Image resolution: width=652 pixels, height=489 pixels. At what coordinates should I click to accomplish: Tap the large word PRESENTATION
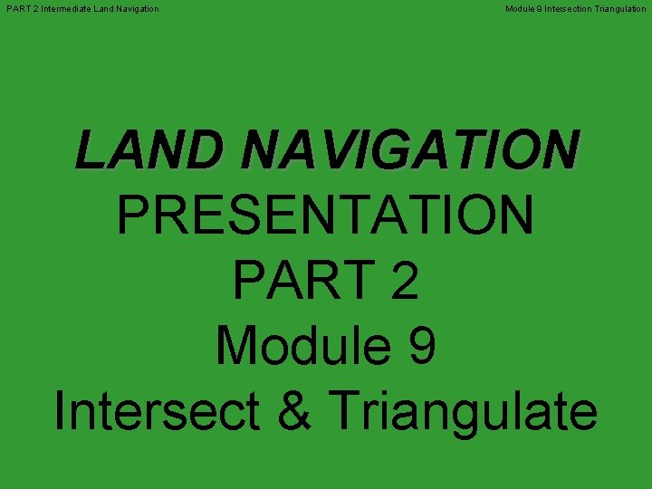[326, 216]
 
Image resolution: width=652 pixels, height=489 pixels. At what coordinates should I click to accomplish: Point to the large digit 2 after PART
[402, 282]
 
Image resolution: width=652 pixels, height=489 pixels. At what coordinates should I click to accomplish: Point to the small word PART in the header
[17, 9]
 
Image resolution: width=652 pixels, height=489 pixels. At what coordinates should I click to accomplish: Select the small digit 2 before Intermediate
[34, 9]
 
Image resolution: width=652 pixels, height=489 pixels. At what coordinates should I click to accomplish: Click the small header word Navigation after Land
[139, 9]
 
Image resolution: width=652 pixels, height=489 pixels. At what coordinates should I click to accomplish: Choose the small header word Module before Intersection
[521, 9]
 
